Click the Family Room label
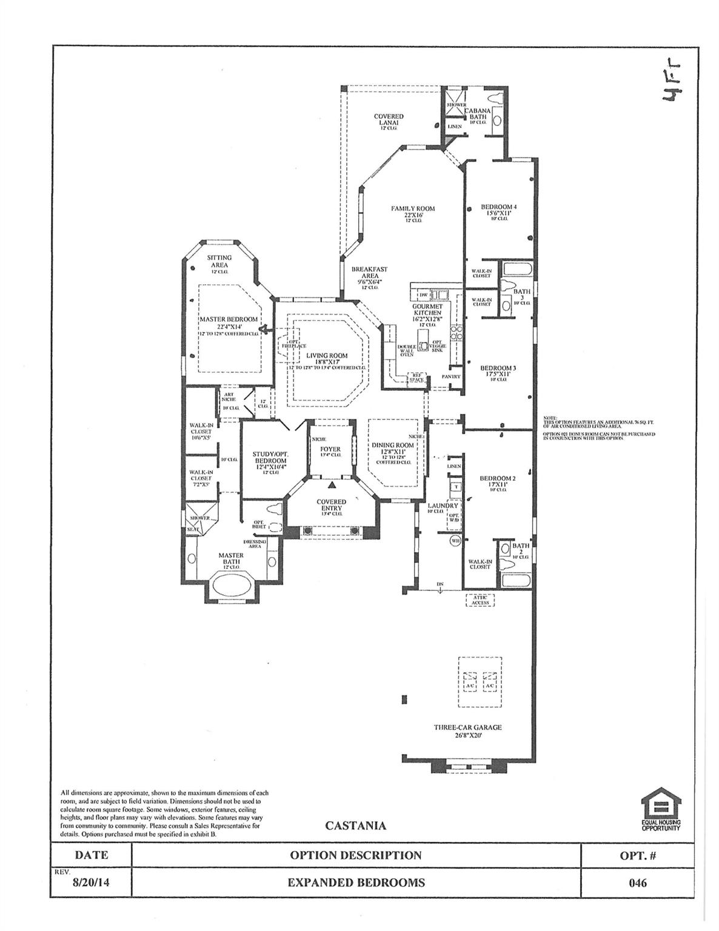coord(413,209)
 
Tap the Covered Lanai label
coord(388,119)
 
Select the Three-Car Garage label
coord(467,727)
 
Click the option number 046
coord(638,883)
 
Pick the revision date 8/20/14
coord(91,883)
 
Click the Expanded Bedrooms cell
coord(356,883)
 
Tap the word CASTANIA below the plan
coord(355,826)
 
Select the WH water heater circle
coord(456,541)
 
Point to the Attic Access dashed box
coord(480,600)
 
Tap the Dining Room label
coord(393,445)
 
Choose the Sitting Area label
coord(219,261)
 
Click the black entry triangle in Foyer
coord(332,485)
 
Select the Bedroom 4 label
coord(498,207)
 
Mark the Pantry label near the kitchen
coord(451,376)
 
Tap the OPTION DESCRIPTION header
coord(356,855)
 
